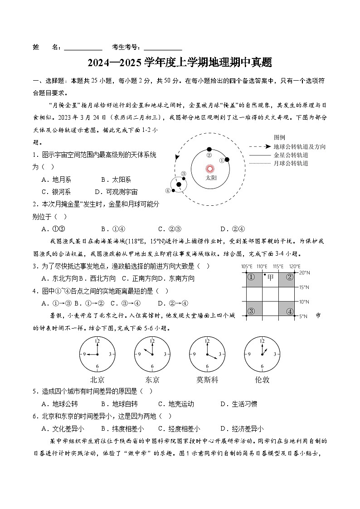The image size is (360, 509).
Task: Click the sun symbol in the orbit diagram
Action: point(209,169)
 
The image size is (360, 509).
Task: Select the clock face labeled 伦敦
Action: point(262,354)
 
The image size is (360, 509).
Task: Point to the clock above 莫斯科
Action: point(207,354)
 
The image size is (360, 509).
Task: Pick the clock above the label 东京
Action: point(152,354)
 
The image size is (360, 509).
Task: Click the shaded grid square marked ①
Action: point(251,277)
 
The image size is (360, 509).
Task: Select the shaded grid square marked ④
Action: point(290,311)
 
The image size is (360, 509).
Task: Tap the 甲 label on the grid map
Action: point(271,277)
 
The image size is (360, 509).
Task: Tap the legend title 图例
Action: point(280,138)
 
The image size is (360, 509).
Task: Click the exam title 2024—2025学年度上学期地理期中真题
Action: point(180,63)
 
